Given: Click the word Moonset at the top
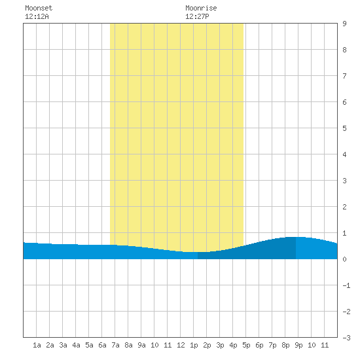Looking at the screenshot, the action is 39,8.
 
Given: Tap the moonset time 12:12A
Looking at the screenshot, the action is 37,16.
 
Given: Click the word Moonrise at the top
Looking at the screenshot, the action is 201,8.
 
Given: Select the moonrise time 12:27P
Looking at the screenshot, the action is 197,16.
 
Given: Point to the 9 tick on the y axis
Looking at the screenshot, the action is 344,24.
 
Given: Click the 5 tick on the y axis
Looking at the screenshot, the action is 344,128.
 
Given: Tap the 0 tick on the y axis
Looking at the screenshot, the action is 344,259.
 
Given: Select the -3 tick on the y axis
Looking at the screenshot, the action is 346,338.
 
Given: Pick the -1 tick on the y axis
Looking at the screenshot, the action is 346,285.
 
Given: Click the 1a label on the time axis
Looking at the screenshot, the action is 37,345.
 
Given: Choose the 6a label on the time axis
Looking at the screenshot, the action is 102,345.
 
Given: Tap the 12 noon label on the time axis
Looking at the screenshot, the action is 181,345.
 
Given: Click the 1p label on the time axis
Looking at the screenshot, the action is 194,346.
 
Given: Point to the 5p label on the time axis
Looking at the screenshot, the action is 246,346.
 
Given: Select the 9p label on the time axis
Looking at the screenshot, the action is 298,346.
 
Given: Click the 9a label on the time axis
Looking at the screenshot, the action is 141,345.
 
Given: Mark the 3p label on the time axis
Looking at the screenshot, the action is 220,346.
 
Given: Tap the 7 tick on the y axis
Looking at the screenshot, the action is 344,76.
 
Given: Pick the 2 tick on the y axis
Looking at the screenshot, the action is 344,207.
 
